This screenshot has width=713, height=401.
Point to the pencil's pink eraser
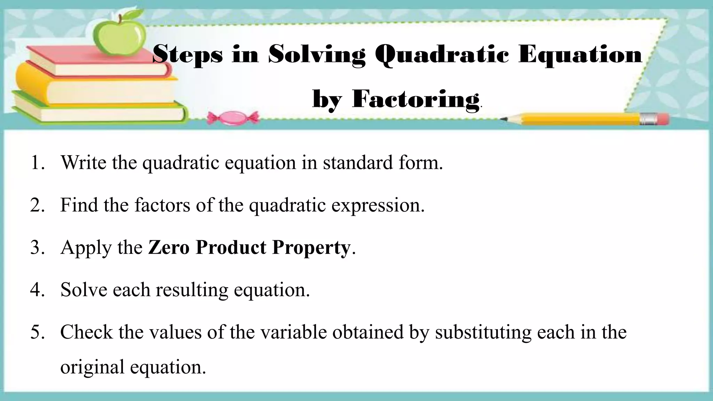(662, 119)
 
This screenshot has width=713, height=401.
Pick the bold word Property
(311, 248)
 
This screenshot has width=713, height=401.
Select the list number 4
(37, 290)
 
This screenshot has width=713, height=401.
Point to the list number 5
(37, 332)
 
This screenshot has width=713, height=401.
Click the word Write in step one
(83, 162)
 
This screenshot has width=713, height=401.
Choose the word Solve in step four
(84, 289)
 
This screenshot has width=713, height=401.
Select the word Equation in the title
(580, 55)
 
